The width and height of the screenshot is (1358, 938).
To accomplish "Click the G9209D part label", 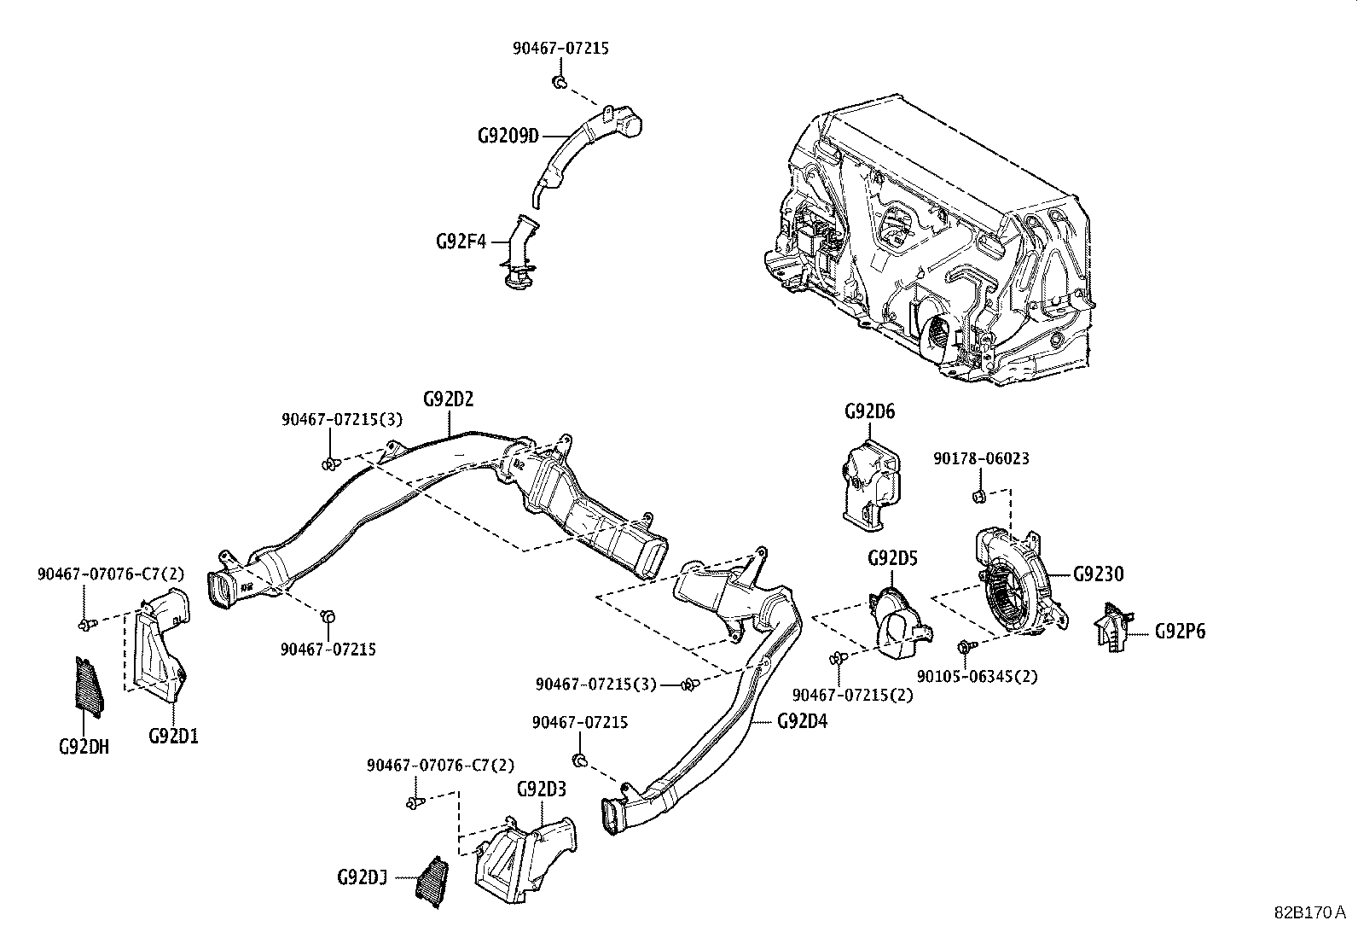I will [508, 136].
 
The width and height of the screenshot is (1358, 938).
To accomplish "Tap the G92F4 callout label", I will [461, 242].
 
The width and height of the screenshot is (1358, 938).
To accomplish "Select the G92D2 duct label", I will [448, 399].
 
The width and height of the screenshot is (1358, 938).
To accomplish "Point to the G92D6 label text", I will [869, 411].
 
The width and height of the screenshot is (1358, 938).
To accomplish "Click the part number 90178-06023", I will [980, 458].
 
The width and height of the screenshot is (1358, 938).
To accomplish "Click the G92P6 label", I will [1180, 632].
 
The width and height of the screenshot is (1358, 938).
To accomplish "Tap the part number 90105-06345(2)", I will [977, 676].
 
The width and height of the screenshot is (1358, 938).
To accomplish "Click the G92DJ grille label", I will [363, 877].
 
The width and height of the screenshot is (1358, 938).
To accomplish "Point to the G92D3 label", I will [541, 789].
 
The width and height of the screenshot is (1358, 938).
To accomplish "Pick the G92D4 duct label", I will [802, 720].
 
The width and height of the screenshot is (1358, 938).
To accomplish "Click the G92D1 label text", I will [173, 735].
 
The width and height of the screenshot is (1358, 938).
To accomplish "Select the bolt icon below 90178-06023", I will [978, 496].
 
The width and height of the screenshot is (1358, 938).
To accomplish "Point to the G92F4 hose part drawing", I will [520, 254].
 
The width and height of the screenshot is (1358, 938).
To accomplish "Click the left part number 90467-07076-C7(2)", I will [110, 574].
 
